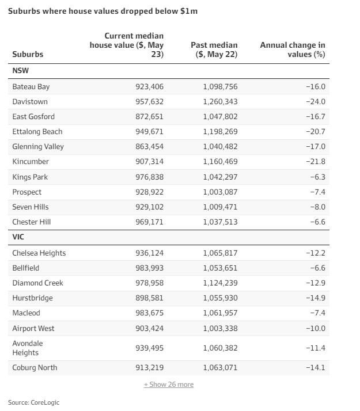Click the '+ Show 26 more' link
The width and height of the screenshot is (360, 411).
click(169, 385)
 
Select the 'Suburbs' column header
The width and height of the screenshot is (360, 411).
click(28, 55)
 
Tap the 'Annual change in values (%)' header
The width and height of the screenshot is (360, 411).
click(293, 50)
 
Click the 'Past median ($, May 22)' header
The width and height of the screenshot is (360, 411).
click(214, 50)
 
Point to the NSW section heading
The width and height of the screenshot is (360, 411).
click(21, 71)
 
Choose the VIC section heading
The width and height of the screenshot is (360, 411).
click(18, 237)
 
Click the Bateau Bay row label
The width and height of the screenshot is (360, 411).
click(31, 87)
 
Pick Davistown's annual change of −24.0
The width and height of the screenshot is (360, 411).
click(316, 102)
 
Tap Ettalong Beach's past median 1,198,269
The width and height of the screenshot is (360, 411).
click(220, 132)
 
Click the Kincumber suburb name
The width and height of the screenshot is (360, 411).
click(31, 162)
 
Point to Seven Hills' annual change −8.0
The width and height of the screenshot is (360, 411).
click(317, 207)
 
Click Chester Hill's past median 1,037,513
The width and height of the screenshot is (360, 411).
click(220, 222)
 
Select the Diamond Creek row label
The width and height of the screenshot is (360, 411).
click(38, 283)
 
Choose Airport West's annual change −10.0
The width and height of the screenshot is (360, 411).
click(316, 328)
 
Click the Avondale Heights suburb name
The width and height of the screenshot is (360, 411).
click(28, 348)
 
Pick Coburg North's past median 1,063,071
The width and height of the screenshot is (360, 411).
click(220, 368)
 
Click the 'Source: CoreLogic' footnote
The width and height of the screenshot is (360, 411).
click(33, 402)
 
